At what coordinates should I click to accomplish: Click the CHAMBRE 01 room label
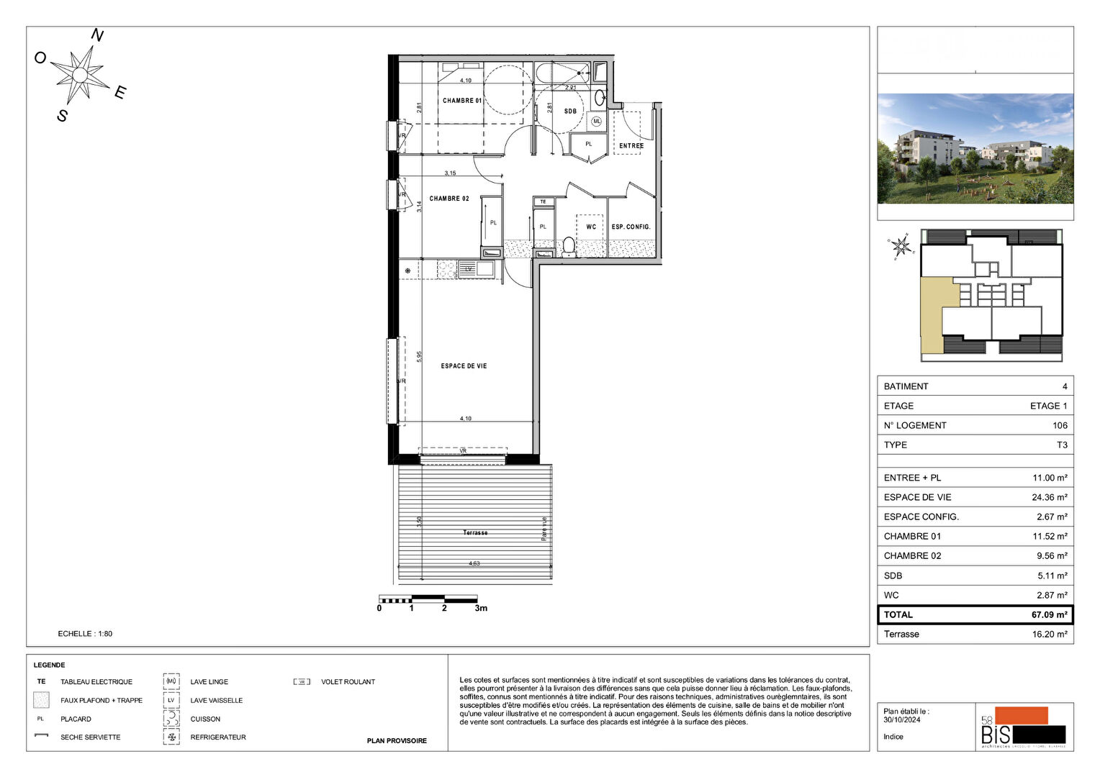click(x=461, y=101)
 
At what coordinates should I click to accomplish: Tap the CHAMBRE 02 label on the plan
click(x=449, y=199)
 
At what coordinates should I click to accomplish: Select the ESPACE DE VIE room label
click(x=464, y=366)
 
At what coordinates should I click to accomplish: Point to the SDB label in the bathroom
click(x=570, y=112)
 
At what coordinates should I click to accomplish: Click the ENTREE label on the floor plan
click(x=631, y=146)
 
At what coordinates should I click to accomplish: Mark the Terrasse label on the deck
click(x=475, y=533)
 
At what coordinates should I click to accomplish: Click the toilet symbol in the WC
click(x=569, y=246)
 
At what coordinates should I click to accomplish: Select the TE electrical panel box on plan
click(x=544, y=202)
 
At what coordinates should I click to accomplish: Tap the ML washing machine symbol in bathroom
click(x=596, y=122)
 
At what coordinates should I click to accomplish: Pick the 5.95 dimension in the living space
click(x=419, y=356)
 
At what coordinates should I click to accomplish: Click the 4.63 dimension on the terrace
click(x=474, y=563)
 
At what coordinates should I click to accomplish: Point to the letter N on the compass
click(x=97, y=36)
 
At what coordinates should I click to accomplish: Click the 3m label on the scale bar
click(x=480, y=609)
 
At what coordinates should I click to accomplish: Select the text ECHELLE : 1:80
click(x=85, y=634)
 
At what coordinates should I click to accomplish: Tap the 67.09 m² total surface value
click(x=1049, y=615)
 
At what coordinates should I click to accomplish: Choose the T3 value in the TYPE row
click(x=1062, y=445)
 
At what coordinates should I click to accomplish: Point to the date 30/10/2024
click(x=901, y=719)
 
